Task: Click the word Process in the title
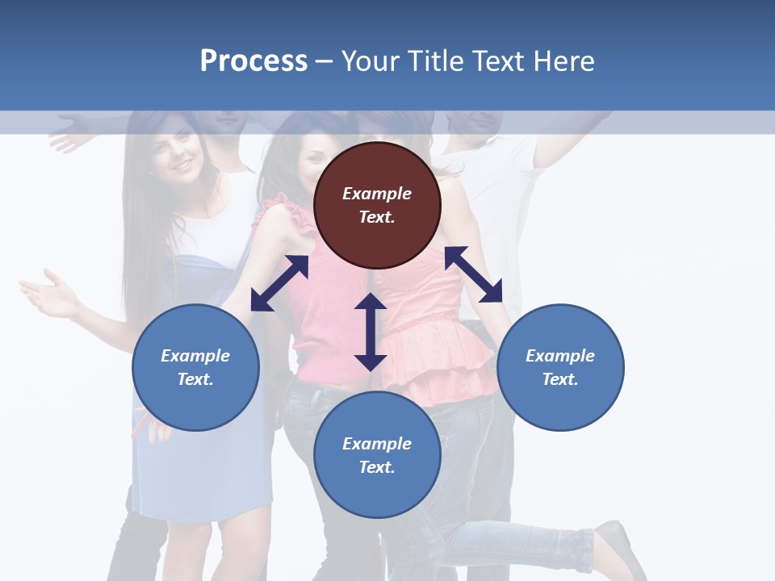253,61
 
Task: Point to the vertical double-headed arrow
371,332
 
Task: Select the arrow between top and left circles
279,283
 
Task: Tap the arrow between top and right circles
473,274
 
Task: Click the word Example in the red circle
377,194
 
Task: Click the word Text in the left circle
195,379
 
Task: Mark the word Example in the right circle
560,356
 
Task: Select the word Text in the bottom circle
377,467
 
